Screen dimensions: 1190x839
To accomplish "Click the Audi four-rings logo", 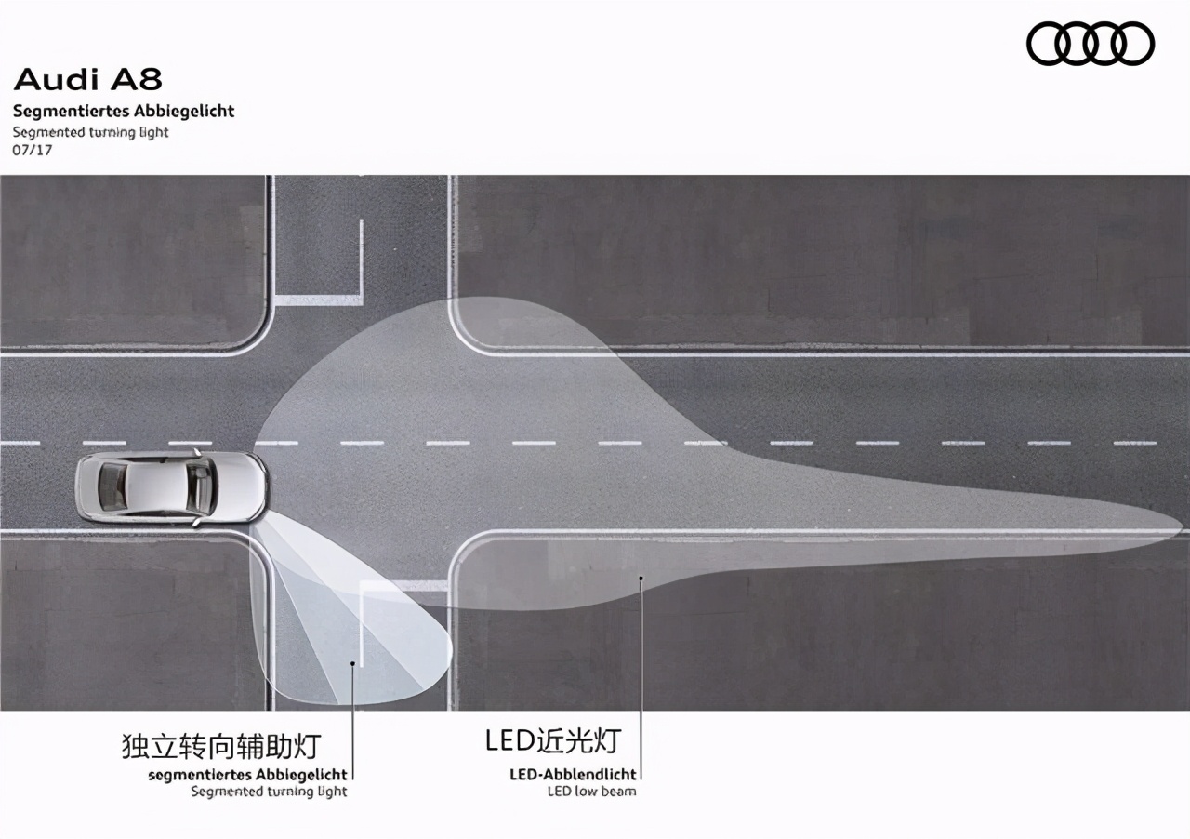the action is (x=1091, y=44).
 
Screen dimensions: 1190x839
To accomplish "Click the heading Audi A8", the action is (x=87, y=80).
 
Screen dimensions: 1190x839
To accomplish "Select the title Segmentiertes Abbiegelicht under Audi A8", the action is (x=124, y=111).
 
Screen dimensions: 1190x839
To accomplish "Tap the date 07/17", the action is (x=33, y=150).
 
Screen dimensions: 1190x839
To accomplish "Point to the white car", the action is (x=172, y=487).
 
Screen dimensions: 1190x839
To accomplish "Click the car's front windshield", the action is (x=201, y=487).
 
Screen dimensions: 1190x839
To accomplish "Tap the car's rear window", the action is (x=112, y=487).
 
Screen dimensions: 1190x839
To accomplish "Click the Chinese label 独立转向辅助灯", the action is (x=221, y=746).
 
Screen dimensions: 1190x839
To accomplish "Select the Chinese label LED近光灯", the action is (x=553, y=740).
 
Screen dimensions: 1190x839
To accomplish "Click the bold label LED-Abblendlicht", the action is (x=573, y=774).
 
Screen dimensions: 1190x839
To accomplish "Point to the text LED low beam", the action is (x=592, y=792).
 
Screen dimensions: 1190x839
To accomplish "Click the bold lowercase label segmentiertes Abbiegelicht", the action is (x=247, y=775).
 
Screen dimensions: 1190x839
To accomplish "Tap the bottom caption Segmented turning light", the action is (x=269, y=792).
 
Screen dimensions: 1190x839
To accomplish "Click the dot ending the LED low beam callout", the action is (x=641, y=578).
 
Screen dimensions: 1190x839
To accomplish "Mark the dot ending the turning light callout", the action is (x=352, y=662).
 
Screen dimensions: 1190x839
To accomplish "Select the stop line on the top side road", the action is (x=319, y=300).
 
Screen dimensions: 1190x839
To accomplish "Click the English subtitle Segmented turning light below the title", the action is (x=90, y=132).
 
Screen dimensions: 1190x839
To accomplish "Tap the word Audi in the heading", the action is (x=57, y=80).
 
